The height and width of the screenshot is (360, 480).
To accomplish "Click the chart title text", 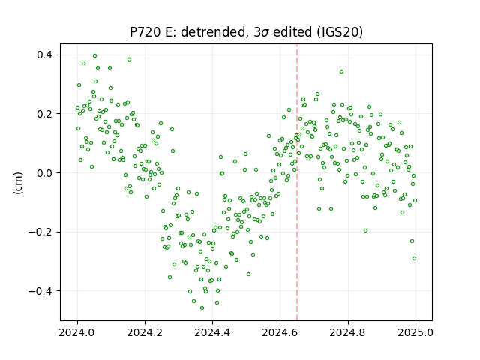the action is pos(246,32).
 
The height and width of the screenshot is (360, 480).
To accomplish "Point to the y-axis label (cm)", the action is pos(18,183).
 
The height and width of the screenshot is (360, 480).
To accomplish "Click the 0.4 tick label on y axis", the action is pos(45,55).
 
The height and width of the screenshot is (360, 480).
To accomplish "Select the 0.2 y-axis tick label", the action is pos(45,114).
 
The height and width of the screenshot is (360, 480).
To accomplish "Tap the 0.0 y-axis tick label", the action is pos(45,173).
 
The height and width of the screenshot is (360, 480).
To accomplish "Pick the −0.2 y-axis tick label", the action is pos(40,232).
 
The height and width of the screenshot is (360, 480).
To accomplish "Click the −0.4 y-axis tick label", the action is pos(40,291).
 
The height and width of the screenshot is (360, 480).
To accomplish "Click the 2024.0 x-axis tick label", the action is pos(77,332).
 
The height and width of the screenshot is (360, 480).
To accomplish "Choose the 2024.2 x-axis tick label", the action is pos(145,332).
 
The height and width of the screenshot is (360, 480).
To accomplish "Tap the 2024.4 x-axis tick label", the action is pos(212,332).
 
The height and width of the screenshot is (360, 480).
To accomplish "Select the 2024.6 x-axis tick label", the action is pos(280,332).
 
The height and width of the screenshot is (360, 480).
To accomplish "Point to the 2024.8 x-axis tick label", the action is pos(347,332).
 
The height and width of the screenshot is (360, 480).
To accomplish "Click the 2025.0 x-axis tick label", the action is pos(415,332).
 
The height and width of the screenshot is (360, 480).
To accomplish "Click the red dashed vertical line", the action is pos(297,182).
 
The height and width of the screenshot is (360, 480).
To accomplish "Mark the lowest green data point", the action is pos(202,307).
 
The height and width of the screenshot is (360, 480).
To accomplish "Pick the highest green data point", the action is pos(95,56).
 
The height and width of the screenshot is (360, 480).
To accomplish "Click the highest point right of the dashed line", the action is pos(342,72).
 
